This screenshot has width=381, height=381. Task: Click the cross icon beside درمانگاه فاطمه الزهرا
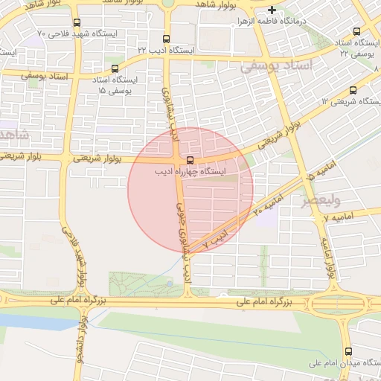pos(272,10)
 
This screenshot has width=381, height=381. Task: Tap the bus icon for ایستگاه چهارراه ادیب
pos(190,160)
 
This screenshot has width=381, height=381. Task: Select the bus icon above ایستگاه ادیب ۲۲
pos(166,39)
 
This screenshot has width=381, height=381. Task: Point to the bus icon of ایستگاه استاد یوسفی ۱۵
pos(114,69)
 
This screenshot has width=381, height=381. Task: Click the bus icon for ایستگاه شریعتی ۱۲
pos(353,90)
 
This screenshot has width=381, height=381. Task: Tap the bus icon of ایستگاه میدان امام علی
pos(348,352)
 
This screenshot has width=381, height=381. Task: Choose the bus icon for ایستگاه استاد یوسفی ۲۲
pos(356,32)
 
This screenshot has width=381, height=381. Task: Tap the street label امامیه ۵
pos(321,173)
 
